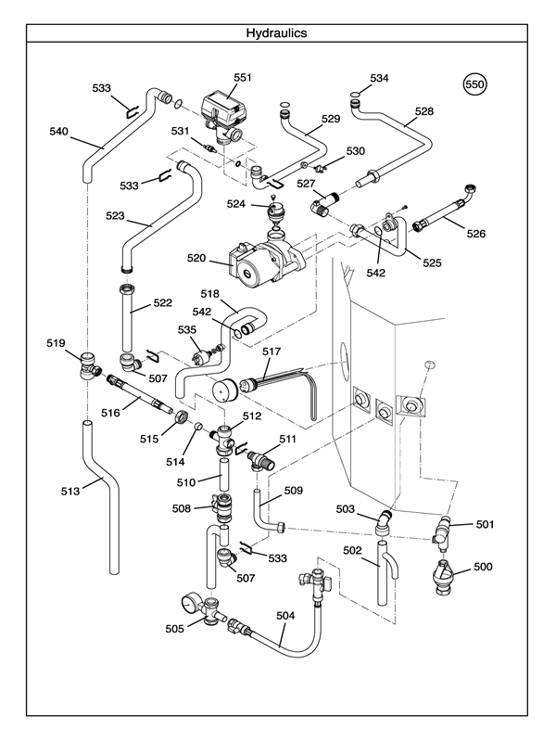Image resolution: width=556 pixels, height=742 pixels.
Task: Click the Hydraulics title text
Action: pyautogui.click(x=276, y=32)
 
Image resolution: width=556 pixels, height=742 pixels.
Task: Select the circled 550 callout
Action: pyautogui.click(x=474, y=84)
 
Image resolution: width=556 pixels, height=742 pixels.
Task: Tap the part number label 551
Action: pyautogui.click(x=242, y=78)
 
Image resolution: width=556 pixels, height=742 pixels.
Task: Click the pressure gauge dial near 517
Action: pyautogui.click(x=226, y=388)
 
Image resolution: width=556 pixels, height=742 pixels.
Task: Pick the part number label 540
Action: pyautogui.click(x=57, y=132)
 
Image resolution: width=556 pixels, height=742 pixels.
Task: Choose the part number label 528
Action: pyautogui.click(x=423, y=111)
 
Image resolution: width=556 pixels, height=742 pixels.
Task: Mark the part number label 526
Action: pyautogui.click(x=475, y=234)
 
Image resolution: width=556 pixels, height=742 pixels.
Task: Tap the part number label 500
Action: pyautogui.click(x=483, y=566)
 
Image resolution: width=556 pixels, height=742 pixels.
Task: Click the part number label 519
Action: pyautogui.click(x=56, y=343)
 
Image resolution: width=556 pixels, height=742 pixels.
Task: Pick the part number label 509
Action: pyautogui.click(x=294, y=490)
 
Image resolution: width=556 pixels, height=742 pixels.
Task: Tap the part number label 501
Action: pyautogui.click(x=485, y=524)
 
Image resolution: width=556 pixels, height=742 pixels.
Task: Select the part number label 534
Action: pyautogui.click(x=380, y=78)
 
